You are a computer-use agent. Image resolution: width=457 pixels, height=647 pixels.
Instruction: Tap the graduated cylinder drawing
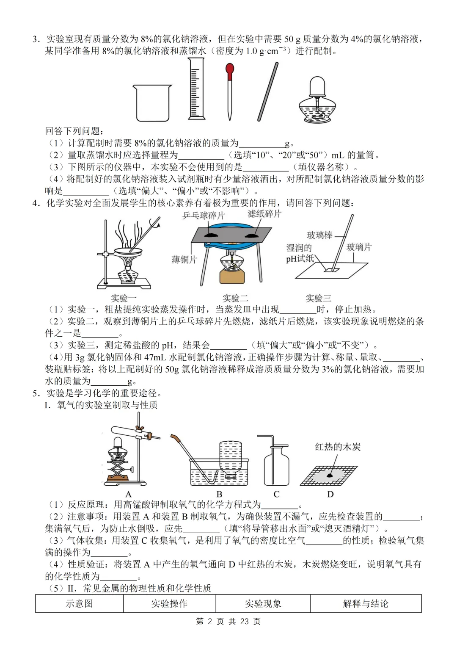[x=195, y=89]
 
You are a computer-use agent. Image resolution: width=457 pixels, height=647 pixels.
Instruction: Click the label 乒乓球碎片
[x=204, y=216]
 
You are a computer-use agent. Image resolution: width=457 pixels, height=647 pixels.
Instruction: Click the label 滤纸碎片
[x=264, y=214]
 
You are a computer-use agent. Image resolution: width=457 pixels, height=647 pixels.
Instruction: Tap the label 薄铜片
[x=184, y=260]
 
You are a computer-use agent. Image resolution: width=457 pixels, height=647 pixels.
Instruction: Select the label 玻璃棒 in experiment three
[x=319, y=235]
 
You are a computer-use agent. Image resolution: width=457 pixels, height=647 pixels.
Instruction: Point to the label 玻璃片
[x=359, y=247]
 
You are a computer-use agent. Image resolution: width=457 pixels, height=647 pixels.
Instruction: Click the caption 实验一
[x=124, y=298]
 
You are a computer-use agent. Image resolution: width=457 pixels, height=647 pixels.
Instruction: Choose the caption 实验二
[x=235, y=298]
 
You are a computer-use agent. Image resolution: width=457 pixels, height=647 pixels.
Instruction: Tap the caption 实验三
[x=318, y=298]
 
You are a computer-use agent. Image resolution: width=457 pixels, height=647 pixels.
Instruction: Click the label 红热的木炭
[x=338, y=447]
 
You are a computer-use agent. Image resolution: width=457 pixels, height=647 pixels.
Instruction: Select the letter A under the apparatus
[x=129, y=494]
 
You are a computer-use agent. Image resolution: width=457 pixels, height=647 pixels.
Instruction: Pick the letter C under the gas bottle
[x=276, y=494]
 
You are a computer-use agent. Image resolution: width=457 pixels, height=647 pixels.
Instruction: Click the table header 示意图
[x=79, y=603]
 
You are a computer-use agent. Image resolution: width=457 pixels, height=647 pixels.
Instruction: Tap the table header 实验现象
[x=263, y=603]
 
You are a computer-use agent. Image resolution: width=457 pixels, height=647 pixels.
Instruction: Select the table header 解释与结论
[x=366, y=603]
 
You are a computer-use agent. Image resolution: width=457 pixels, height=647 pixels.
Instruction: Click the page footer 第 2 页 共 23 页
[x=228, y=621]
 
